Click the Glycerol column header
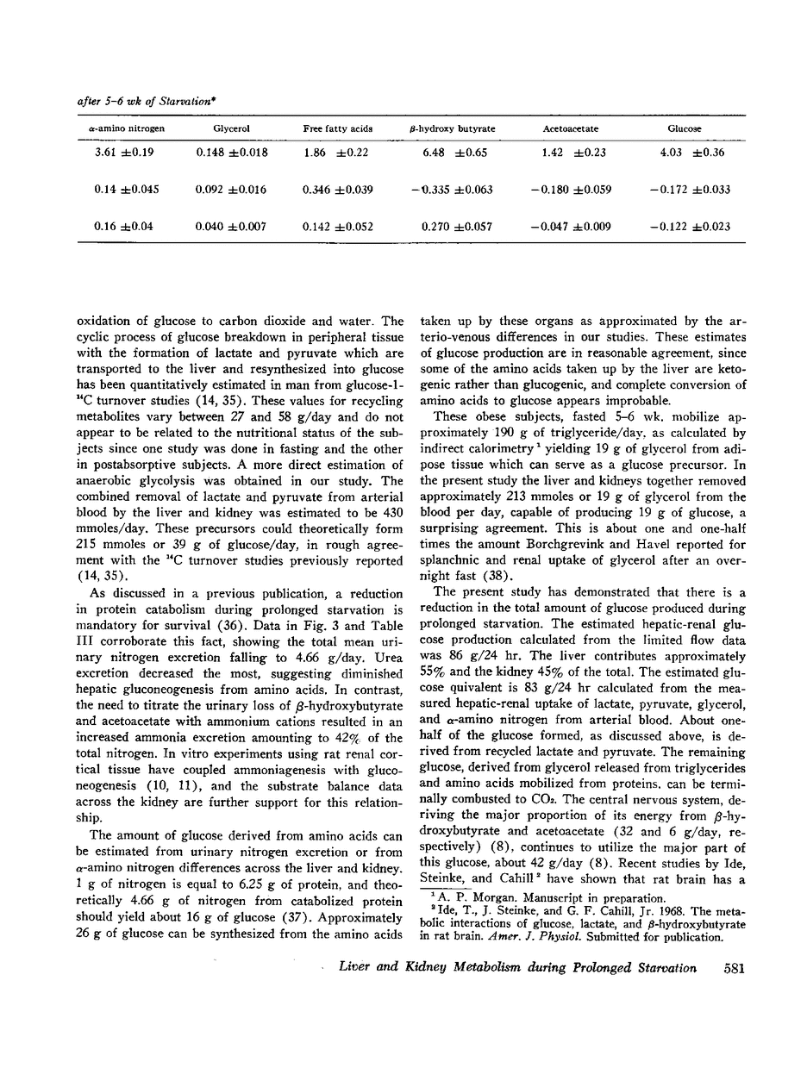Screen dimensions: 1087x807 tap(231, 128)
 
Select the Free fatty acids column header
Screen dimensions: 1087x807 tap(338, 128)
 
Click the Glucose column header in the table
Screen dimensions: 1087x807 tap(684, 128)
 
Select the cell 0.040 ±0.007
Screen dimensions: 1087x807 tap(231, 228)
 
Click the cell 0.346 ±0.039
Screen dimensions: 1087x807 tap(338, 190)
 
